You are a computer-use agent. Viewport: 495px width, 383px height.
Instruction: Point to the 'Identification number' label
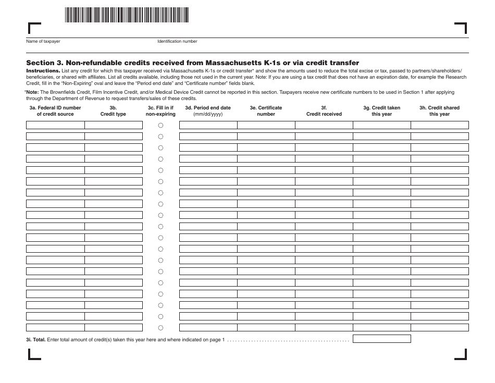177,42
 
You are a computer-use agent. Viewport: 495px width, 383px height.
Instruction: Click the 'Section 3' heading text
192,63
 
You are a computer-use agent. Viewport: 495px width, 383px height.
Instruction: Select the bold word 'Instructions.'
43,70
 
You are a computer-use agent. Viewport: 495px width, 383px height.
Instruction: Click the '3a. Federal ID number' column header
55,111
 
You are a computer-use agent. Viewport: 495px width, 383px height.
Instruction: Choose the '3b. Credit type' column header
113,111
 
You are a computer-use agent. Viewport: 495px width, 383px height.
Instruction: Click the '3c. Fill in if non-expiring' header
160,111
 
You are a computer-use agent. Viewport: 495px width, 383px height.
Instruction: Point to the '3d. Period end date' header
208,111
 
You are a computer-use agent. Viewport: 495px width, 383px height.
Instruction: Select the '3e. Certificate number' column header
266,111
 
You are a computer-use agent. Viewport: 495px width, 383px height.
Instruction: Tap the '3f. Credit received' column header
324,111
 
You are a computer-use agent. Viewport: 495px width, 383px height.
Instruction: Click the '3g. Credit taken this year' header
381,111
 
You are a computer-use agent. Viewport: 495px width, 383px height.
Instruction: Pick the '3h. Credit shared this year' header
439,111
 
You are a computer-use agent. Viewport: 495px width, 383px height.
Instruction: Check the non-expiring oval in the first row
160,125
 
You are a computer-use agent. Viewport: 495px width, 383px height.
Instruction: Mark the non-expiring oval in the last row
160,328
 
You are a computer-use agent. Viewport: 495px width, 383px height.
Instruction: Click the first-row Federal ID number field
55,125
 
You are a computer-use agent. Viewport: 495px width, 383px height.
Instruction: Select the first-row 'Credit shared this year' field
439,125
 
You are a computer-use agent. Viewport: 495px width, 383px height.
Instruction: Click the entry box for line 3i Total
381,339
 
